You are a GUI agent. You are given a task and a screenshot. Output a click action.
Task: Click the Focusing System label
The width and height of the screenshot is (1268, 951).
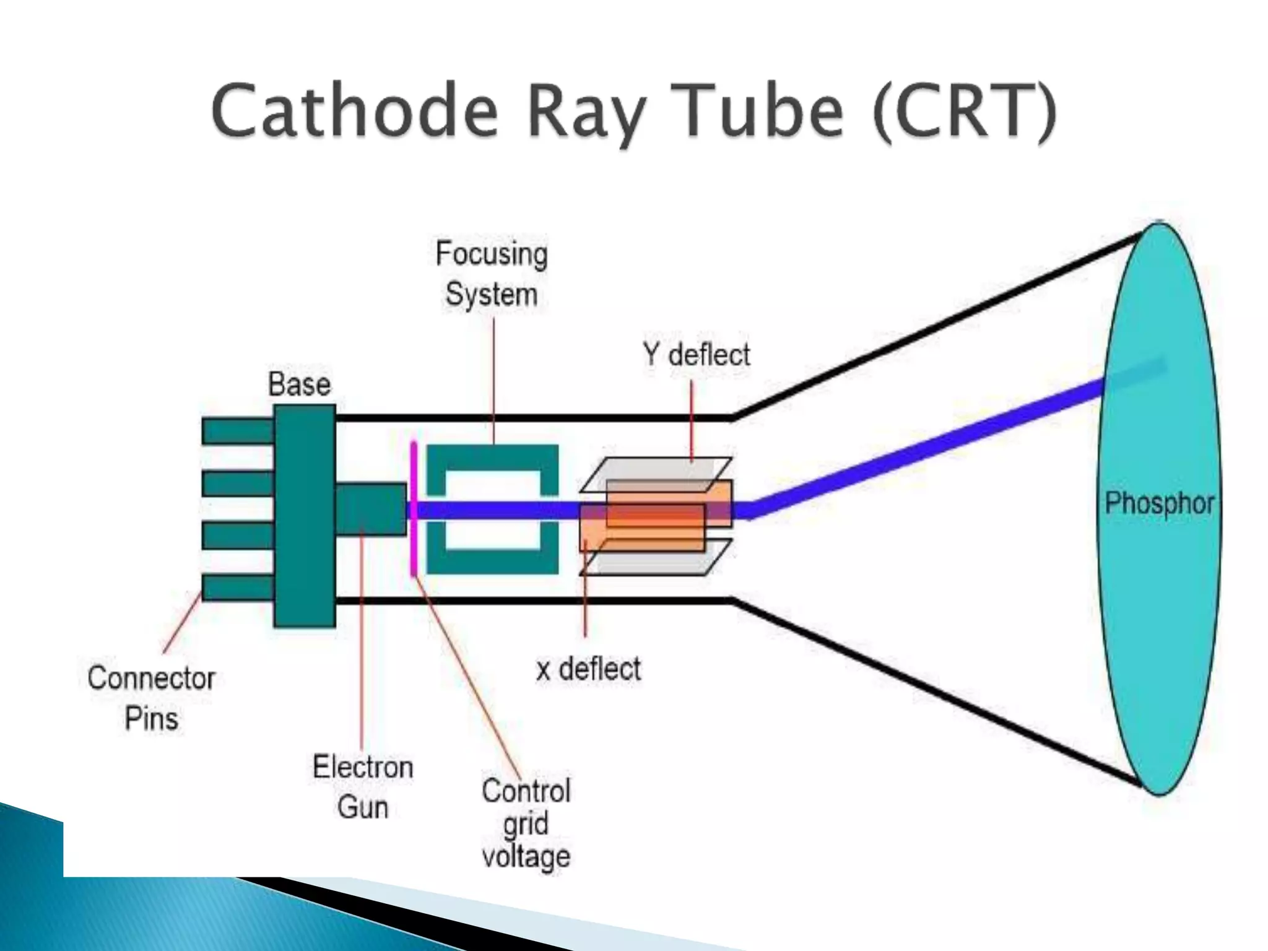coord(492,274)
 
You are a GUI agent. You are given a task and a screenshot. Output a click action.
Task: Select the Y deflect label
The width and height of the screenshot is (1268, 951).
coord(696,355)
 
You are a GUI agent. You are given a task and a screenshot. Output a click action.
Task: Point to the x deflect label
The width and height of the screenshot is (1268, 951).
coord(588,669)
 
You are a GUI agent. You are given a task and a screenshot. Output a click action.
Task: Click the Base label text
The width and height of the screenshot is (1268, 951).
coord(299,384)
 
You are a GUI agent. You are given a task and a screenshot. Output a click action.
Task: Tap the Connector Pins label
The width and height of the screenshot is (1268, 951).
coord(151,698)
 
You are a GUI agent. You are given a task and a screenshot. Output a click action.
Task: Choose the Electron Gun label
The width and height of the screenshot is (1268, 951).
coord(363,787)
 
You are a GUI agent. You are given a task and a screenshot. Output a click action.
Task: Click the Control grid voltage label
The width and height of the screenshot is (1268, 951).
coord(526,823)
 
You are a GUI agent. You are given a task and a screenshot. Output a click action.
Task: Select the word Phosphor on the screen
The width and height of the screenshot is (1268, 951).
coord(1159,503)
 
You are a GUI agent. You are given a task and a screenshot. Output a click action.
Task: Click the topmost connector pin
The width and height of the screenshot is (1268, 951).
coord(238,431)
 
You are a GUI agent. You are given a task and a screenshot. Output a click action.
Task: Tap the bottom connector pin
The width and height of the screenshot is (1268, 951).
coord(238,587)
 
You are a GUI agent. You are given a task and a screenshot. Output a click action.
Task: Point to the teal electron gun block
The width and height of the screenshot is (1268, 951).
coord(370,509)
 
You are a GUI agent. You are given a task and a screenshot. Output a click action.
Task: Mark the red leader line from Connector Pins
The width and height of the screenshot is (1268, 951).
coord(182,623)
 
